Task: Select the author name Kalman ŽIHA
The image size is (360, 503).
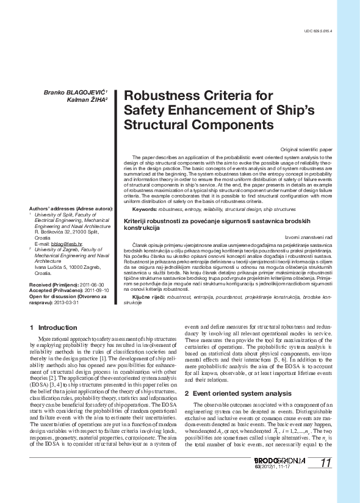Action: click(x=89, y=99)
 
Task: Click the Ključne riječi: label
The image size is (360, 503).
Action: click(x=149, y=295)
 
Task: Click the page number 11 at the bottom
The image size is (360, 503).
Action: click(x=325, y=480)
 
